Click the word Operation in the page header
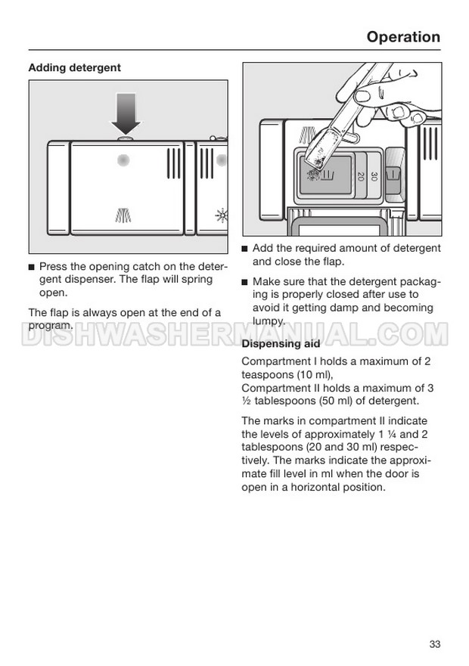pyautogui.click(x=402, y=37)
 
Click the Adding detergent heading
pyautogui.click(x=74, y=67)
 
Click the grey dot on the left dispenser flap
pyautogui.click(x=123, y=160)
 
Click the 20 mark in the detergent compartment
pyautogui.click(x=361, y=177)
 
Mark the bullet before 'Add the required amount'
pyautogui.click(x=245, y=249)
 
